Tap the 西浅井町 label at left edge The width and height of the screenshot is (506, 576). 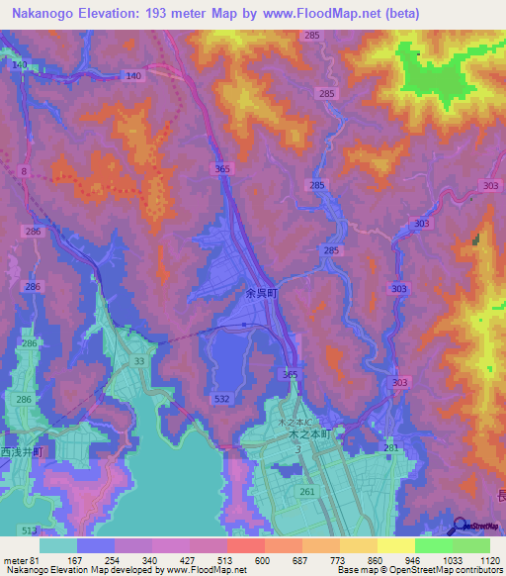click(22, 452)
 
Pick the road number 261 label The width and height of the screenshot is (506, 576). click(308, 491)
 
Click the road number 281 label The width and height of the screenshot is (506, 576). click(391, 448)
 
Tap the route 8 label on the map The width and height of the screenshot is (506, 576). click(23, 170)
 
